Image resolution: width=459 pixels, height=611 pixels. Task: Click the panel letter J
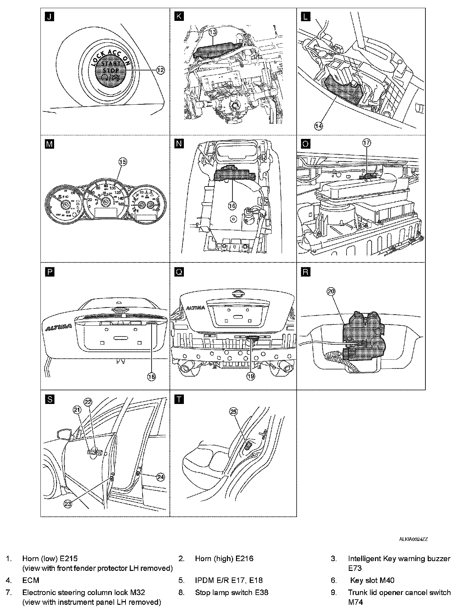49,17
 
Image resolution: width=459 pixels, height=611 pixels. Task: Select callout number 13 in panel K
213,32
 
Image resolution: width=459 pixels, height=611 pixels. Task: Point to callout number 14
318,126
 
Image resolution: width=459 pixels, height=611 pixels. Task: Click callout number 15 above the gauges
122,161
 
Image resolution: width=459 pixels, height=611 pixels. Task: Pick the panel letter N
179,144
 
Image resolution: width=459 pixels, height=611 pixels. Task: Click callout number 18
152,376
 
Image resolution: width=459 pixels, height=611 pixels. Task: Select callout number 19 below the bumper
250,376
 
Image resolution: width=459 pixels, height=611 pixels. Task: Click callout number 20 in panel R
331,291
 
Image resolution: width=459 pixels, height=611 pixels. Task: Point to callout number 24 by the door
160,477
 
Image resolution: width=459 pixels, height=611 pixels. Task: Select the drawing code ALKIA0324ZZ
413,539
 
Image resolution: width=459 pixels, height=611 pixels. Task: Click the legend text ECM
31,580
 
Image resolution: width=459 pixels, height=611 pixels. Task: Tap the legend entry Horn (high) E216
224,559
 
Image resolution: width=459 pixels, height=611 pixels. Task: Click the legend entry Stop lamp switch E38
231,592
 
